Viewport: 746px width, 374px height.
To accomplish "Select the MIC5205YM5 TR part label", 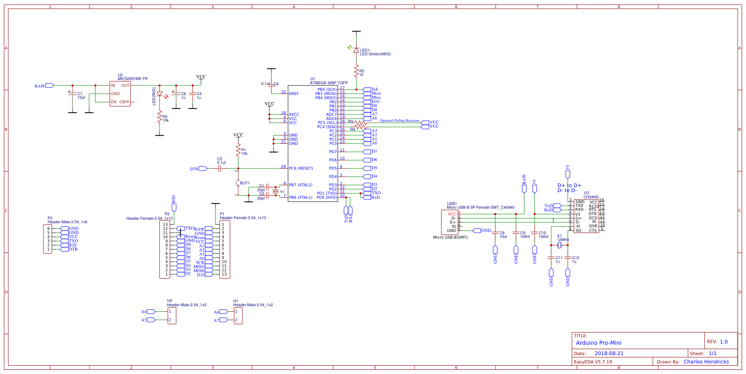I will click(133, 79).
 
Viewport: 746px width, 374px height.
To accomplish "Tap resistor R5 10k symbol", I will click(160, 119).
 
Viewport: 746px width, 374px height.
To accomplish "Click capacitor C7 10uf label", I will click(81, 96).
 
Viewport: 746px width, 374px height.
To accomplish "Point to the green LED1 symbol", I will click(356, 49).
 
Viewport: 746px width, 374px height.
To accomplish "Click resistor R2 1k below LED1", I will click(356, 71).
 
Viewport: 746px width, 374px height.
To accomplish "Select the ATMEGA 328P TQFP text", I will click(329, 83).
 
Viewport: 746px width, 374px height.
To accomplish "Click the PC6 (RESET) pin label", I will click(300, 168).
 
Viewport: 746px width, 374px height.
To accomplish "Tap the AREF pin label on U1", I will click(293, 94).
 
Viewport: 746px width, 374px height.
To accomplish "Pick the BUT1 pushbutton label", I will click(245, 183).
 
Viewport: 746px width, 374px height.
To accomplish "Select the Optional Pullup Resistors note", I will click(400, 121).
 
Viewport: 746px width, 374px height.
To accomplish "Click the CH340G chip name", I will click(591, 197).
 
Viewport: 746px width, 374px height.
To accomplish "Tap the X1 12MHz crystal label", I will click(562, 238).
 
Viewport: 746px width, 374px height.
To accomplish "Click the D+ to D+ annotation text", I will click(569, 185).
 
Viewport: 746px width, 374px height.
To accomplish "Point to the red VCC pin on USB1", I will click(451, 214).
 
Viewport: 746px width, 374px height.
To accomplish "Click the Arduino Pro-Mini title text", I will click(598, 343).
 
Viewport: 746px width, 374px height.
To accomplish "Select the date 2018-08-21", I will click(609, 354).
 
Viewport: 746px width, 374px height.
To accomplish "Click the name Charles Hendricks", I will click(706, 362).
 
